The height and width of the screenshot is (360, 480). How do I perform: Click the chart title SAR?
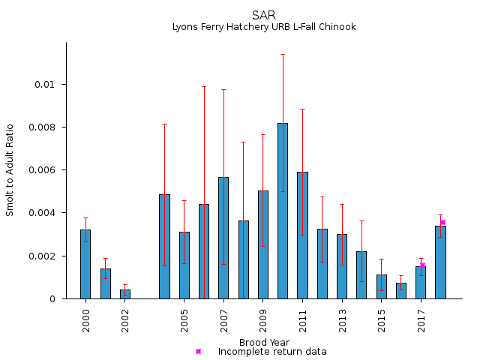(x=264, y=15)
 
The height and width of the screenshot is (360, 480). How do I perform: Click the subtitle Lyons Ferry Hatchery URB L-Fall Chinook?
(x=264, y=27)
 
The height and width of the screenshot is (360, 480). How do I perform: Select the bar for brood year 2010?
(x=283, y=211)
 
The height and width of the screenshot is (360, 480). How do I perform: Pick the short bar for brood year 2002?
(x=125, y=294)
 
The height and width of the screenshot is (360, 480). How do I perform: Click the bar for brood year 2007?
(x=223, y=238)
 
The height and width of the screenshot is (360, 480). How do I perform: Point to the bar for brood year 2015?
(x=382, y=286)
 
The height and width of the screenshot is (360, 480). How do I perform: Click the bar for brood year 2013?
(x=342, y=266)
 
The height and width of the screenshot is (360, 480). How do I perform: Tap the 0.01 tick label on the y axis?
(x=46, y=84)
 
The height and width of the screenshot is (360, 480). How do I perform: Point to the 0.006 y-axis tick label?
(x=41, y=170)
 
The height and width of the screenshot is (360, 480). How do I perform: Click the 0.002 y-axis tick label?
(x=41, y=256)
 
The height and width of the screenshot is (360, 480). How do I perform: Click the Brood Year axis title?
(x=264, y=342)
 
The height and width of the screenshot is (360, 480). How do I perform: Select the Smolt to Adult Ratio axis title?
(x=10, y=170)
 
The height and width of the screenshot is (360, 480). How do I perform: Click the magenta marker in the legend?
(x=198, y=351)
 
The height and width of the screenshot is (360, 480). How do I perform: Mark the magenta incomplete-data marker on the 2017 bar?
(x=422, y=265)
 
